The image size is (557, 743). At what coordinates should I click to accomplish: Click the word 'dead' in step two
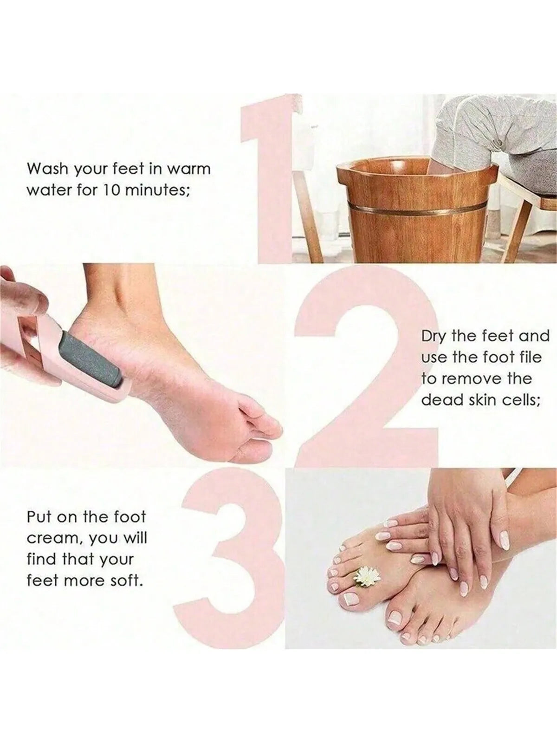(x=439, y=400)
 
